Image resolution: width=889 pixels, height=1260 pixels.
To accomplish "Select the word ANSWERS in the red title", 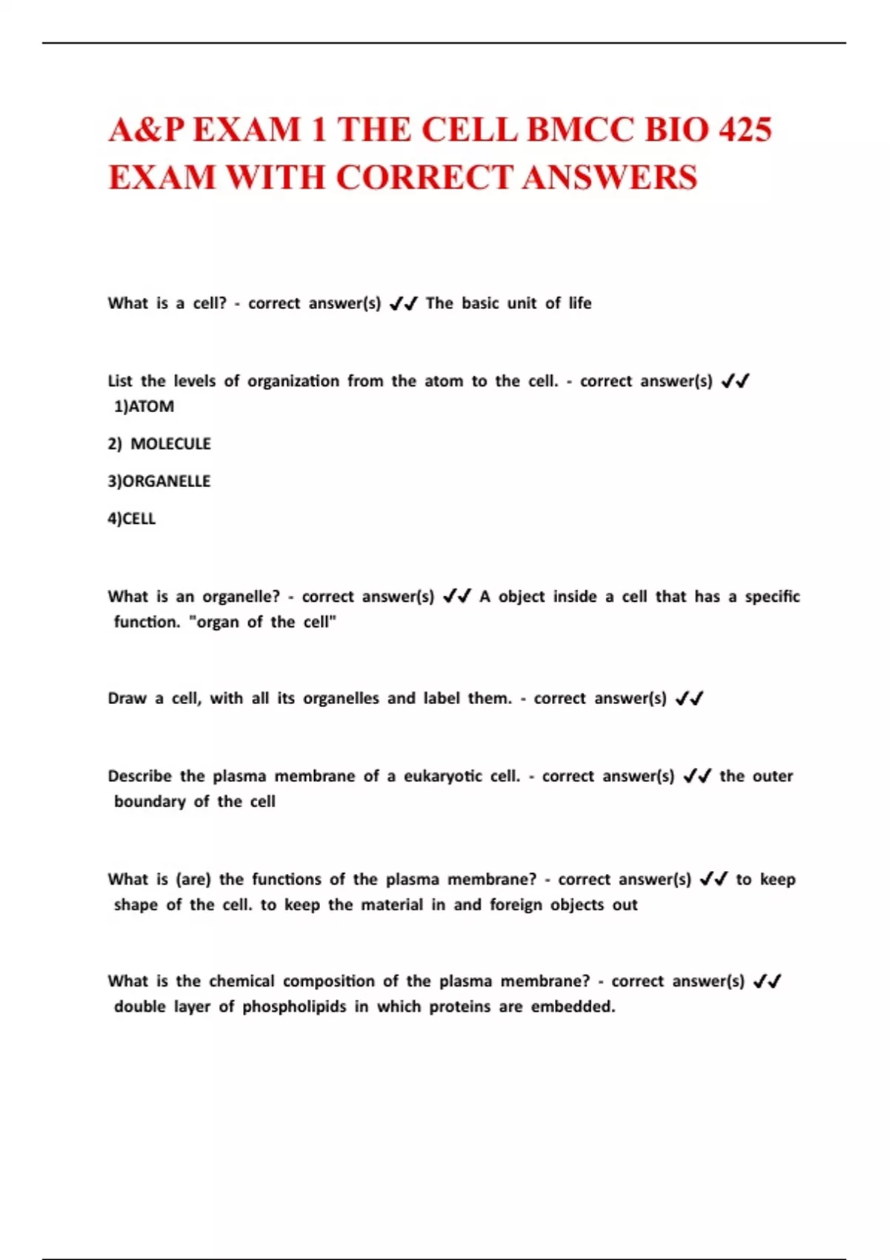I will click(609, 178).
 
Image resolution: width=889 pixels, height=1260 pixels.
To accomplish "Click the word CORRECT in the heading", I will click(424, 178).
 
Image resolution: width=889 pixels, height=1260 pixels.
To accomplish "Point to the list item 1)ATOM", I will click(144, 407).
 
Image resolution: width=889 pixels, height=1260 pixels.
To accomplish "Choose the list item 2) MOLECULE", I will click(159, 444).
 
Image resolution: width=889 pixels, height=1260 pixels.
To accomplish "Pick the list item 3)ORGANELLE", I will click(159, 482).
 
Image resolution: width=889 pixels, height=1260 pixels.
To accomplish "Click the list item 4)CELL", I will click(132, 519).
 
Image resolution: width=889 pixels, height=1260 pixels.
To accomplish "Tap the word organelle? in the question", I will click(241, 597).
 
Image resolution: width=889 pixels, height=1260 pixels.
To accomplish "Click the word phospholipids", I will click(294, 1007).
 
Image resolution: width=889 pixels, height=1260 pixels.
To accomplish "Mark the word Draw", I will click(127, 698).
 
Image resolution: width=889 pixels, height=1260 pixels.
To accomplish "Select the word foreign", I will click(516, 905).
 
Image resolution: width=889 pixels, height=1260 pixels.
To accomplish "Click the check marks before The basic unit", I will click(403, 303).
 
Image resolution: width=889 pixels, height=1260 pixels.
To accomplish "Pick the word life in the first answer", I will click(580, 303).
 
